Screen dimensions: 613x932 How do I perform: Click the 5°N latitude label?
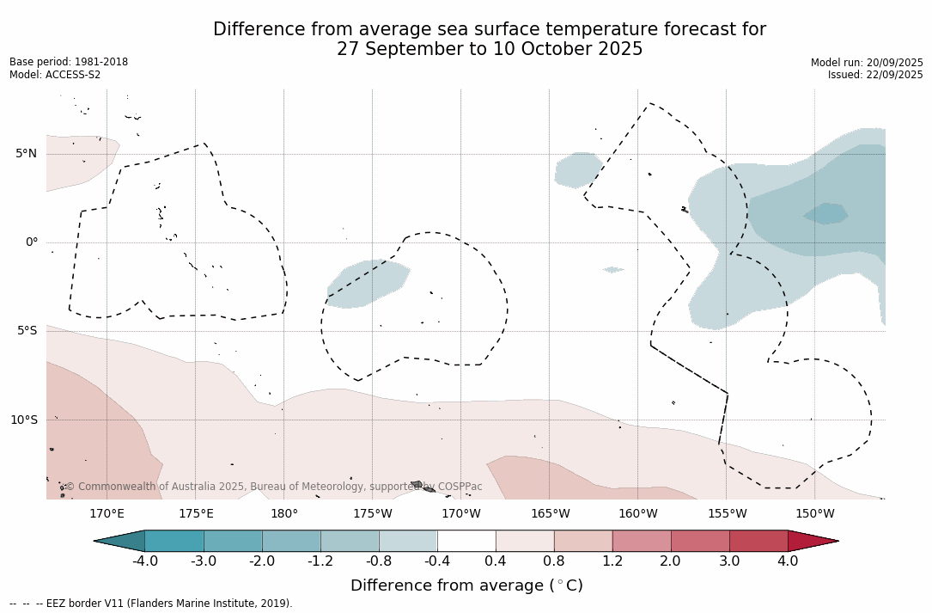(26, 154)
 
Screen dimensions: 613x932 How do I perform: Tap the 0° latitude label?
(32, 242)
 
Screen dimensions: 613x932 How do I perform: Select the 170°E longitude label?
(107, 514)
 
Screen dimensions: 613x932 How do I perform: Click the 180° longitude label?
(283, 514)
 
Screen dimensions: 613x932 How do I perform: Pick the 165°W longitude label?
(550, 514)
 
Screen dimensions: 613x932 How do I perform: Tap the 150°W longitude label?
(814, 514)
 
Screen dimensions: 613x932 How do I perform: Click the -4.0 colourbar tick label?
(144, 561)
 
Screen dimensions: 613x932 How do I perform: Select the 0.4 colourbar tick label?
(496, 561)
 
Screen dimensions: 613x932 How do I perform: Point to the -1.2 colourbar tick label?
(320, 561)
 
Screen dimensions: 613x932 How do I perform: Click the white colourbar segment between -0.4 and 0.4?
(466, 541)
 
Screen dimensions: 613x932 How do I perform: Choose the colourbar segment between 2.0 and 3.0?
(700, 541)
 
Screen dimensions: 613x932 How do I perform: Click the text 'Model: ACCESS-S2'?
(55, 75)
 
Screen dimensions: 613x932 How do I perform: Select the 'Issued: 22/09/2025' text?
(875, 75)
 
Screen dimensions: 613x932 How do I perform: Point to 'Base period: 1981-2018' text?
(69, 62)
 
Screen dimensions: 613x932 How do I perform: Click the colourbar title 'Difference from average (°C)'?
(466, 585)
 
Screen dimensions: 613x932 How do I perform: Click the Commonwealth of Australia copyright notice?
(274, 487)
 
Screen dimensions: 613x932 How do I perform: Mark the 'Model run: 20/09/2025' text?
(867, 63)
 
